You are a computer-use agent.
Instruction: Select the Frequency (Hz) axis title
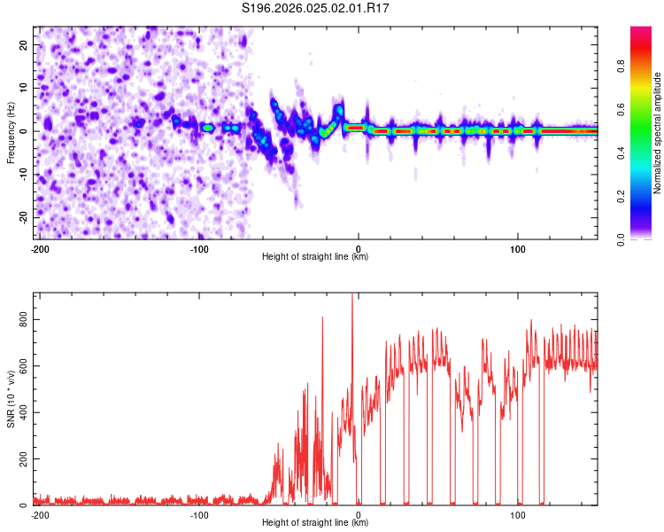(11, 133)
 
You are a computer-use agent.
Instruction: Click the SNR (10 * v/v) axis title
(11, 399)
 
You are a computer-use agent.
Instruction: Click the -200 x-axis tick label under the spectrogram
(39, 248)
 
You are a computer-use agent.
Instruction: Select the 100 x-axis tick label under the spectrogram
(518, 248)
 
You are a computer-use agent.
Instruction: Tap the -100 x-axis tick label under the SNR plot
(199, 514)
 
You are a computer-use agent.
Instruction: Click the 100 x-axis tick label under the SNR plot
(518, 514)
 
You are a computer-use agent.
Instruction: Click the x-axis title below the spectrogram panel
(315, 256)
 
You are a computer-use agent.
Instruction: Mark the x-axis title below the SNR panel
(315, 522)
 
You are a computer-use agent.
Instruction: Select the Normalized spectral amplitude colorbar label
(658, 133)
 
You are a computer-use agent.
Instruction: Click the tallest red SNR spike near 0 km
(352, 296)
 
